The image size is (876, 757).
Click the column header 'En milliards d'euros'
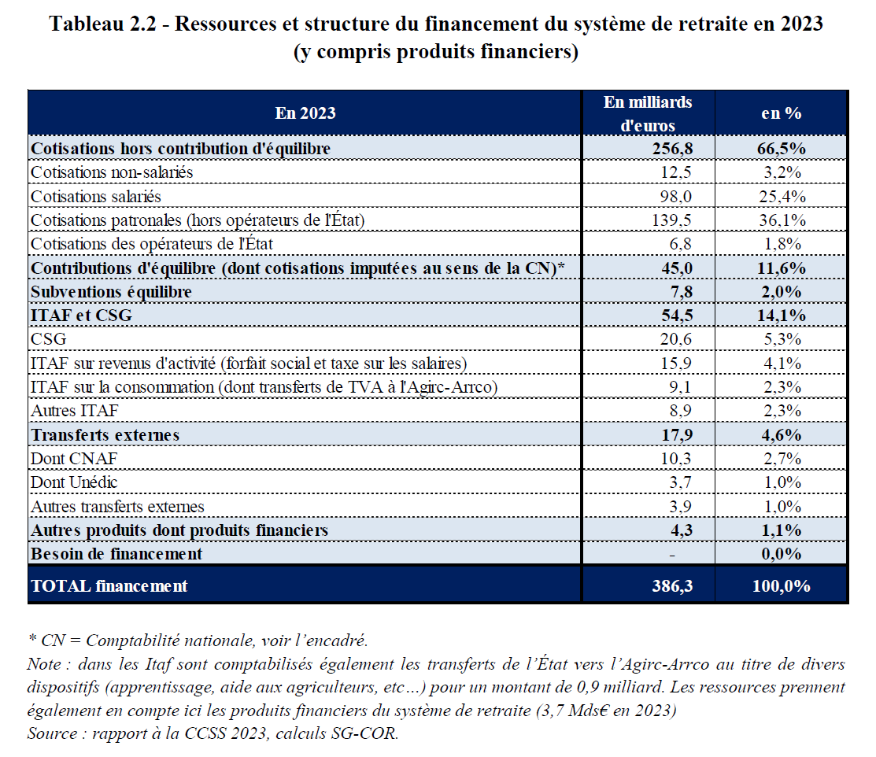(x=648, y=113)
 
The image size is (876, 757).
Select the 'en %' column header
(x=781, y=113)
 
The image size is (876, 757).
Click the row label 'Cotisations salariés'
(x=95, y=196)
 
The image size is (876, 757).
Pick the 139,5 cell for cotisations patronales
(x=672, y=220)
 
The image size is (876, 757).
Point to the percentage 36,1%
(x=781, y=220)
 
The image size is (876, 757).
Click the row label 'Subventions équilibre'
(x=111, y=292)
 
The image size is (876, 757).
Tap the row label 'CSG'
(x=48, y=339)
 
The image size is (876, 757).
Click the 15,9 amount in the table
(x=676, y=364)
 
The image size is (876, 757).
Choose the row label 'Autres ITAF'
(x=70, y=411)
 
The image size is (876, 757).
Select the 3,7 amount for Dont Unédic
(x=680, y=482)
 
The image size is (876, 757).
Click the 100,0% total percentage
(x=781, y=586)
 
